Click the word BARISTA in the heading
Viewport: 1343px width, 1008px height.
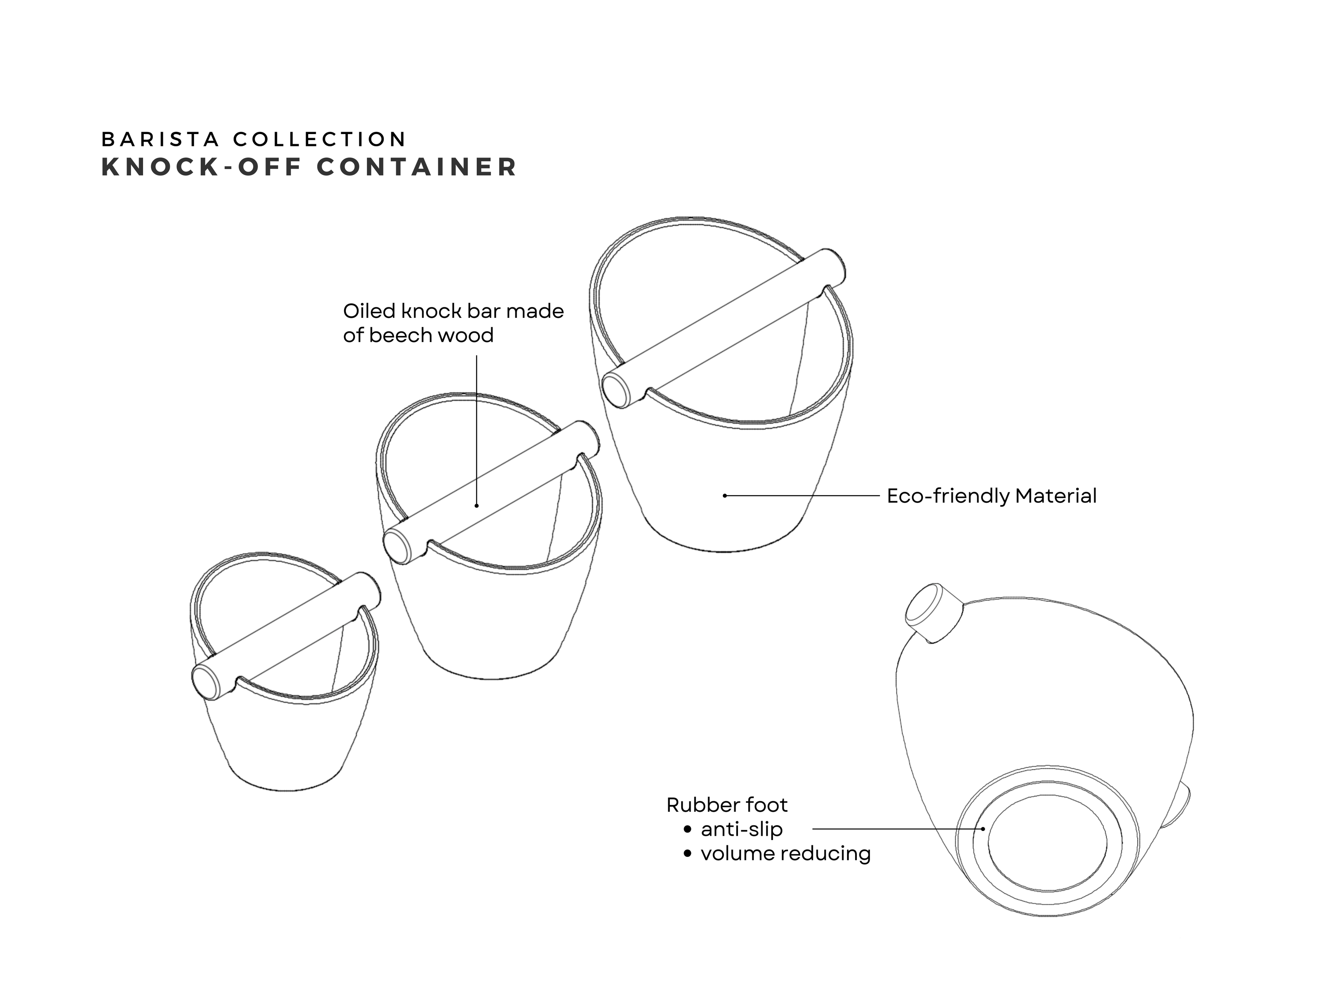coord(160,139)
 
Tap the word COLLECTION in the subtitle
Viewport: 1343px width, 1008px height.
coord(319,139)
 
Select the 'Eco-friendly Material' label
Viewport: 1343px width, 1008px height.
coord(992,496)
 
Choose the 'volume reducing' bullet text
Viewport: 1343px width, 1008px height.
coord(786,853)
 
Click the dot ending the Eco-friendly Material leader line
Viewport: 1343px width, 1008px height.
coord(724,496)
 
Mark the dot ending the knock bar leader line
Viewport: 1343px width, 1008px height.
coord(477,505)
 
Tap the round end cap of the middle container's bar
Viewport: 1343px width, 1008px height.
coord(398,545)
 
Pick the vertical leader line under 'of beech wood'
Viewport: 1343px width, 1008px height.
coord(477,430)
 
